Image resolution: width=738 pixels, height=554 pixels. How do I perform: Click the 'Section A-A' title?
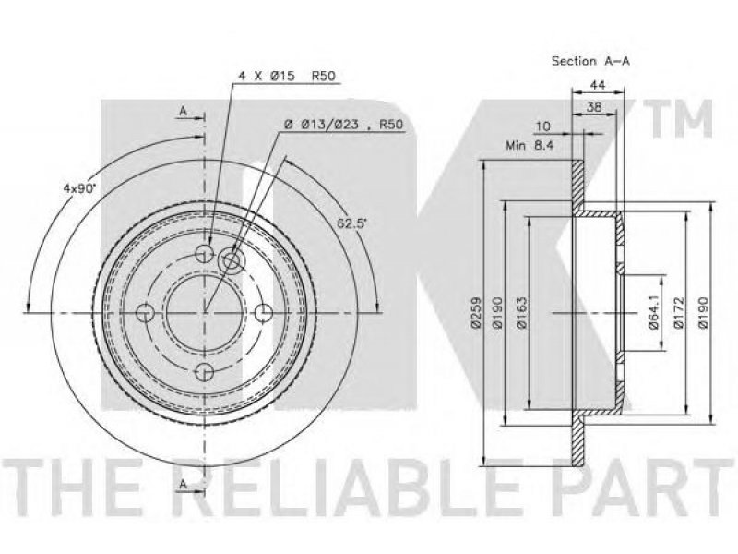click(590, 61)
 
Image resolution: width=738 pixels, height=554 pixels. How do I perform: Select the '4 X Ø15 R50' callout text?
click(287, 76)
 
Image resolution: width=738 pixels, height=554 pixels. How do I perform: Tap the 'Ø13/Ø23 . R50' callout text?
click(344, 125)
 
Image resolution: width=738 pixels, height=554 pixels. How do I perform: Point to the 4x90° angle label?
click(79, 188)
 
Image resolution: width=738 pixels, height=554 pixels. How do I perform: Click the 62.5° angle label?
click(351, 223)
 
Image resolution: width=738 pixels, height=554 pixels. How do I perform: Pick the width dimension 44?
click(597, 85)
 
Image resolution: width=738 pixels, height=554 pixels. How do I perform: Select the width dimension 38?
click(594, 107)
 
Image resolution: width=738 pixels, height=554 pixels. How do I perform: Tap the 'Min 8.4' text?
click(530, 145)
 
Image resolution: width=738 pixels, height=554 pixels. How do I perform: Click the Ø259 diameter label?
click(475, 312)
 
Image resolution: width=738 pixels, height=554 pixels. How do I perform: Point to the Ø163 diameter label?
click(521, 312)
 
